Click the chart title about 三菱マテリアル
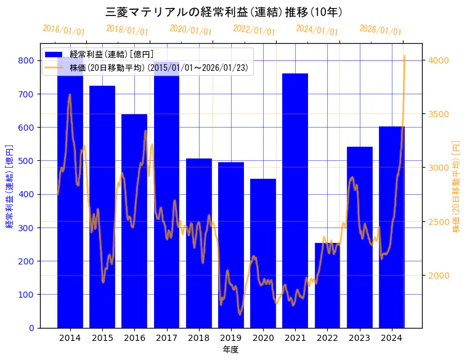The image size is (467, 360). pos(224,12)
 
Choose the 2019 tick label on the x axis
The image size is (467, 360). pos(230,338)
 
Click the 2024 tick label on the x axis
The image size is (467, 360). pos(391,338)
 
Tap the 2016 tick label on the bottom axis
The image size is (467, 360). pos(134,338)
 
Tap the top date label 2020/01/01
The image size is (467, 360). pos(190,30)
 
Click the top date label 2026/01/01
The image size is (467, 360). pos(380,30)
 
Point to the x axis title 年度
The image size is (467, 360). pos(230,349)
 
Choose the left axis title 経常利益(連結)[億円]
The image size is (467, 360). pos(9,186)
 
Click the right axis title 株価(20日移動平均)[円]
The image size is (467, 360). pos(457,186)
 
